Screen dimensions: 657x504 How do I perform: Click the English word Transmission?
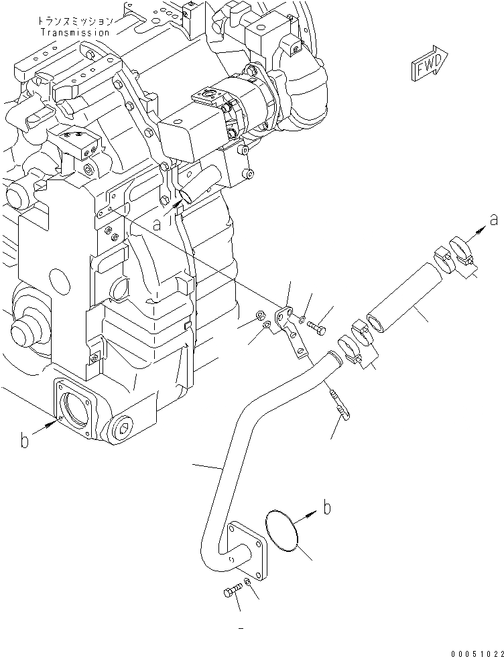click(74, 32)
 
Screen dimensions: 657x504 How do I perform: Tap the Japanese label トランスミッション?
click(74, 22)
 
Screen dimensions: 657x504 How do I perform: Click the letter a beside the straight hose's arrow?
click(495, 220)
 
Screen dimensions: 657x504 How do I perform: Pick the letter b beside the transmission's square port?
click(25, 441)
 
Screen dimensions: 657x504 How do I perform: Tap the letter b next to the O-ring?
click(326, 508)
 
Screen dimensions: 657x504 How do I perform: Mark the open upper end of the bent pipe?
click(332, 356)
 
